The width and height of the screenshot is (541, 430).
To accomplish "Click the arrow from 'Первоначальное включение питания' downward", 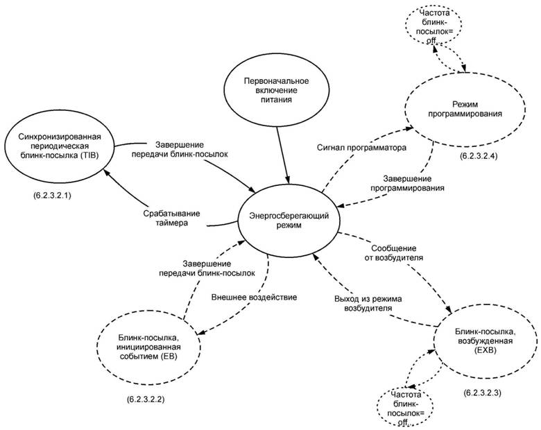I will (283, 148).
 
